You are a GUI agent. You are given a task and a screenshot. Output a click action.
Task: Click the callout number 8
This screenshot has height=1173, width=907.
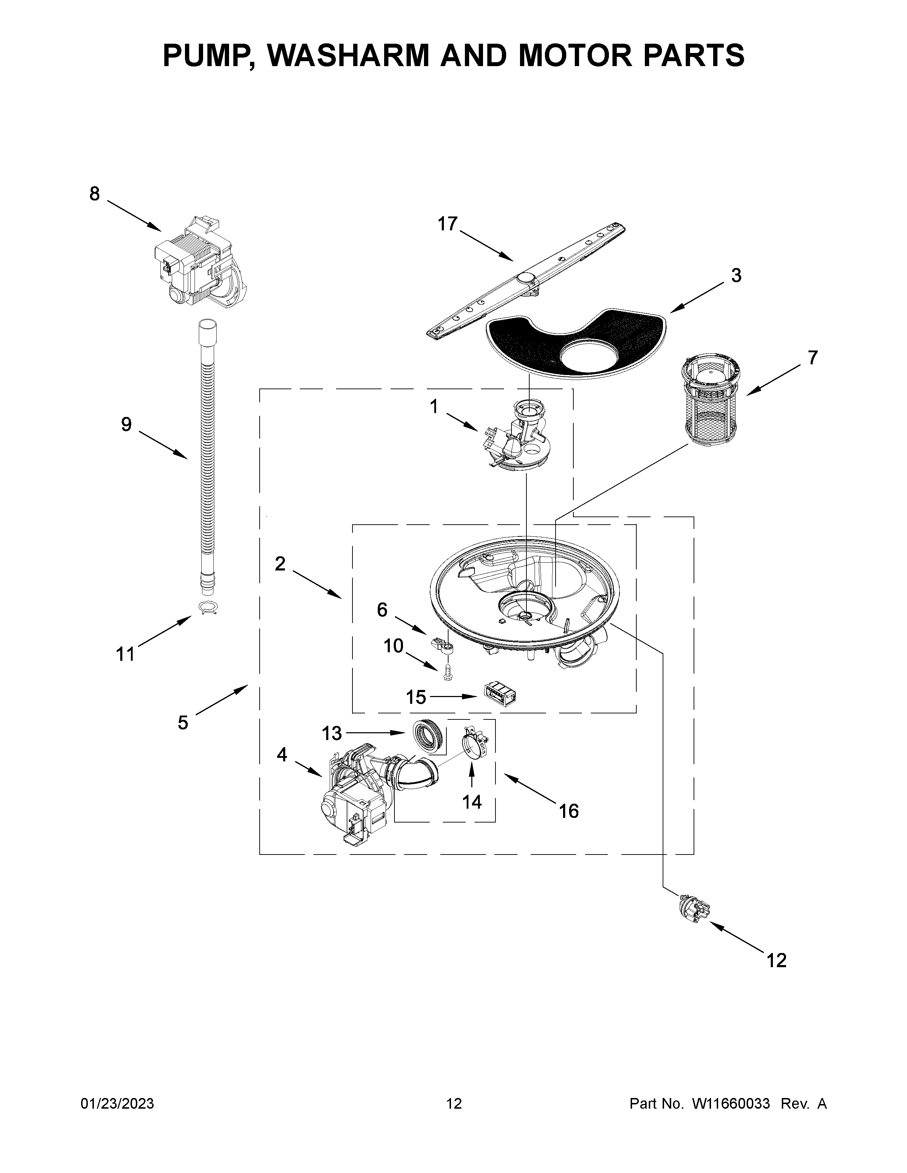point(95,194)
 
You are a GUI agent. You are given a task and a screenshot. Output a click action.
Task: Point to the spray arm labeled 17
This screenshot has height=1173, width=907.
point(526,279)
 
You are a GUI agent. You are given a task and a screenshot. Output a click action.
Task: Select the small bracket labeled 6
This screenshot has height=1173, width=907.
point(443,644)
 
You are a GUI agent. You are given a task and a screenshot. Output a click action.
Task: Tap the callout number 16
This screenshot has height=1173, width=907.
point(568,811)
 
